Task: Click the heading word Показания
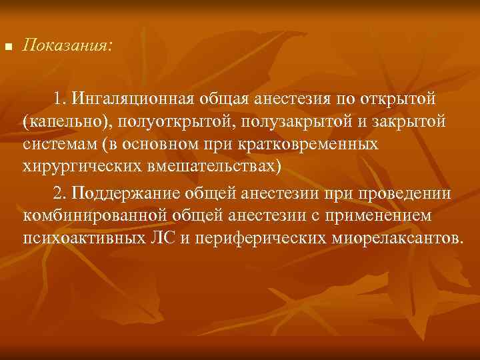point(67,47)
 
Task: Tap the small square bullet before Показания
point(8,48)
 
